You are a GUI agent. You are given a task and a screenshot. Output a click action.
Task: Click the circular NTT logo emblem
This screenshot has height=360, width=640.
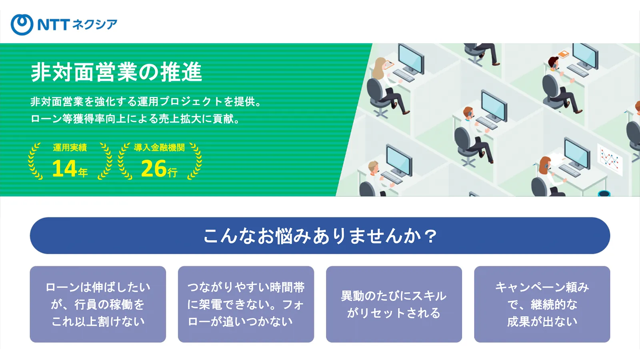[x=22, y=24]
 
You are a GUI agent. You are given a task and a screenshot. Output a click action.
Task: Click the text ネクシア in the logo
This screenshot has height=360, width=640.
[x=94, y=24]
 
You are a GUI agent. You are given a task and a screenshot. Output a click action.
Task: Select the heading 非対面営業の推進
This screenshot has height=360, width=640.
[x=116, y=72]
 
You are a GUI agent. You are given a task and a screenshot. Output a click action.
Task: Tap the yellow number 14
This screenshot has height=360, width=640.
[x=64, y=168]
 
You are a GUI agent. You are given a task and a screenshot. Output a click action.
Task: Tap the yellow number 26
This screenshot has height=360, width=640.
[x=154, y=168]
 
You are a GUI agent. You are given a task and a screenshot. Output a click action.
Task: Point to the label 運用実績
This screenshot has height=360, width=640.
[x=70, y=148]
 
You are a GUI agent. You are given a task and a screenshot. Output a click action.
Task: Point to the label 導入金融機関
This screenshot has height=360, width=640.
[x=159, y=148]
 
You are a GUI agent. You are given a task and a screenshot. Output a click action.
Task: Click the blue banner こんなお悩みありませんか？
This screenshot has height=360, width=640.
[x=320, y=236]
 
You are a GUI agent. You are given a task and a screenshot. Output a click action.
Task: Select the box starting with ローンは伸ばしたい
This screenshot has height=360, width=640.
[x=98, y=304]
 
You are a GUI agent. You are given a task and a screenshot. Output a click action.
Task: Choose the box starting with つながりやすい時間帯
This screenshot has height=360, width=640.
[x=246, y=304]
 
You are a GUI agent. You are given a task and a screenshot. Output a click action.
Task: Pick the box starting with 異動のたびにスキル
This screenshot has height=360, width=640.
[x=394, y=304]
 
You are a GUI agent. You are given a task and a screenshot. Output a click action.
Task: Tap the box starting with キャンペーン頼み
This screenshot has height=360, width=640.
[x=542, y=304]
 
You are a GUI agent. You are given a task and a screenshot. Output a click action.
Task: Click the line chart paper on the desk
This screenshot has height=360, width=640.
[x=610, y=160]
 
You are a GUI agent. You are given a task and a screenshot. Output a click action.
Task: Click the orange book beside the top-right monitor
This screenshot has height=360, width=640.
[x=564, y=54]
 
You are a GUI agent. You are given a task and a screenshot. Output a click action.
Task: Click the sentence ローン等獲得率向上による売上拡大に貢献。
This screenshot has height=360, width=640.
[x=136, y=118]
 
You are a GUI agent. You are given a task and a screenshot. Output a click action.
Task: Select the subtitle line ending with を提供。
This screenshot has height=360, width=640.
[x=146, y=102]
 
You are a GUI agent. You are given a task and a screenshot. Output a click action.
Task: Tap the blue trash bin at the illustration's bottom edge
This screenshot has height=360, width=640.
[x=604, y=193]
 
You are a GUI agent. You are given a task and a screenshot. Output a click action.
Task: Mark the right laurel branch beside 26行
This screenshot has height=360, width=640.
[x=195, y=161]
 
